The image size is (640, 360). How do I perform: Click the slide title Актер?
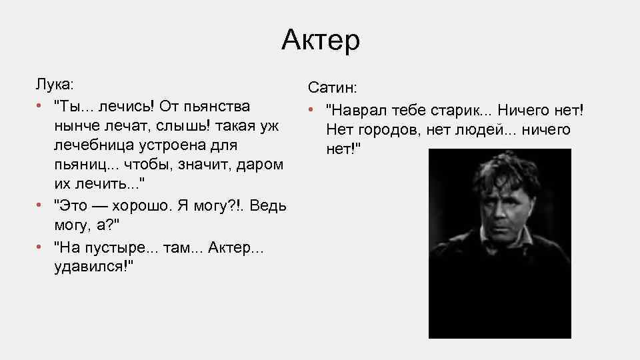pyautogui.click(x=320, y=41)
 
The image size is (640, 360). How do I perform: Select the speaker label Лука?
pyautogui.click(x=55, y=86)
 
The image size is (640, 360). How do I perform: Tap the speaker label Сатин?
pyautogui.click(x=332, y=89)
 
